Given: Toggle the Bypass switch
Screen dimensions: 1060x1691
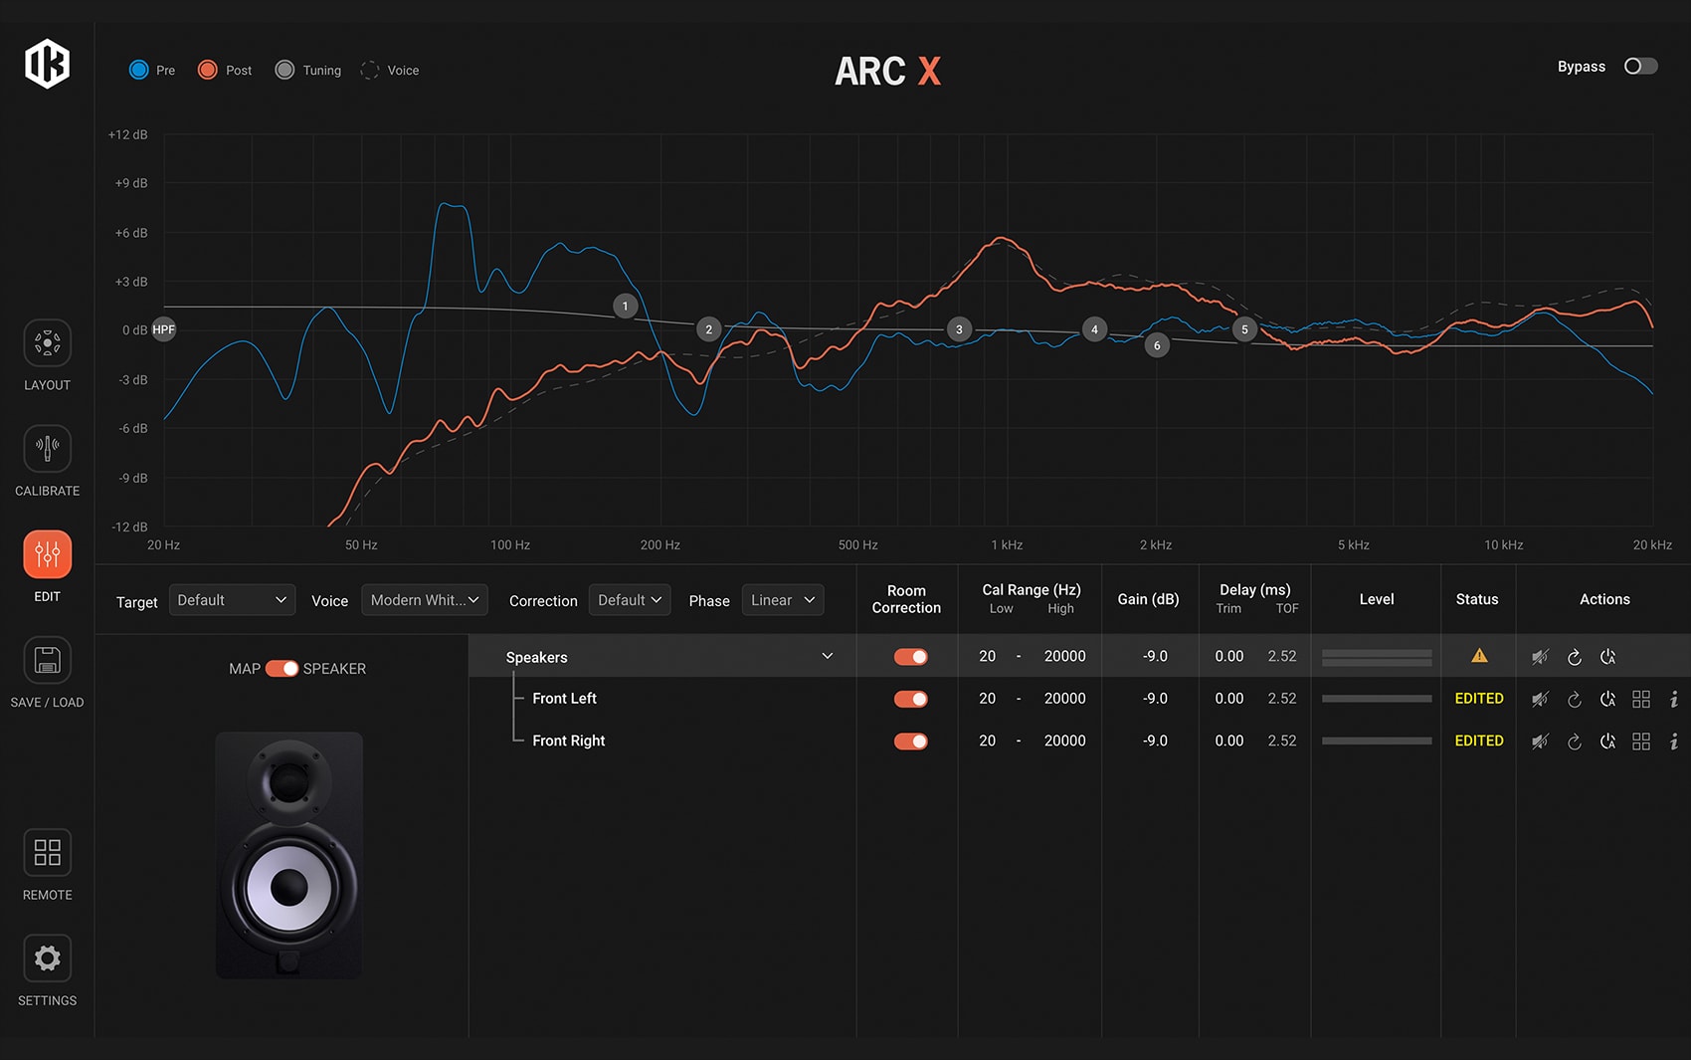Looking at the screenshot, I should coord(1640,67).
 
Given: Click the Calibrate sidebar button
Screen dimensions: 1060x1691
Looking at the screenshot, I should coord(47,449).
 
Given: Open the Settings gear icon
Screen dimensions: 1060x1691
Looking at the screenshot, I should coord(47,958).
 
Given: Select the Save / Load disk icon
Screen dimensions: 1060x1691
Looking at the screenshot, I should coord(47,660).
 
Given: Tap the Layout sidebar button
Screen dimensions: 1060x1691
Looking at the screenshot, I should coord(47,343).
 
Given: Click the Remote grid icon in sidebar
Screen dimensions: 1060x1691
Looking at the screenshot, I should coord(47,853).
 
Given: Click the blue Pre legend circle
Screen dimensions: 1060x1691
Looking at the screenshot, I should coord(139,70).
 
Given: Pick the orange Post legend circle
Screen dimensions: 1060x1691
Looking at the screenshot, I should coord(208,70).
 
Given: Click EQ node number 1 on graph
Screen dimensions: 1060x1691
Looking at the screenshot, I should coord(625,306).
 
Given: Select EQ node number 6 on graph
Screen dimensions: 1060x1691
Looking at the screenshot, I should coord(1157,345).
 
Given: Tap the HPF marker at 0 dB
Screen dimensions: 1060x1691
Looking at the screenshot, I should coord(163,329).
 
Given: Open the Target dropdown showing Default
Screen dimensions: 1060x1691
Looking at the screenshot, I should coord(232,600).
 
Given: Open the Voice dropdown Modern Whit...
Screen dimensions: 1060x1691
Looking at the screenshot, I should coord(424,600).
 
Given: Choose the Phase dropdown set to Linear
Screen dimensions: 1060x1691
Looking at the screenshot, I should coord(782,600).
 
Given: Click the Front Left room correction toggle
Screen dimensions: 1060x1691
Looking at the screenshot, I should coord(910,699).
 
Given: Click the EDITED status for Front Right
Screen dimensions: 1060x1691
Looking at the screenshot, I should coord(1479,741).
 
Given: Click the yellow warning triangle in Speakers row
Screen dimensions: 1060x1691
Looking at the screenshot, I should coord(1479,656).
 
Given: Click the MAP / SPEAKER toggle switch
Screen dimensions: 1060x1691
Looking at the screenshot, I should coord(282,669).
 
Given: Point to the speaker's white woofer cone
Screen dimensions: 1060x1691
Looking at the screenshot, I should coord(288,886).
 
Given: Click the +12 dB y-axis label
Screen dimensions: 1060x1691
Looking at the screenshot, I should coord(128,134).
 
